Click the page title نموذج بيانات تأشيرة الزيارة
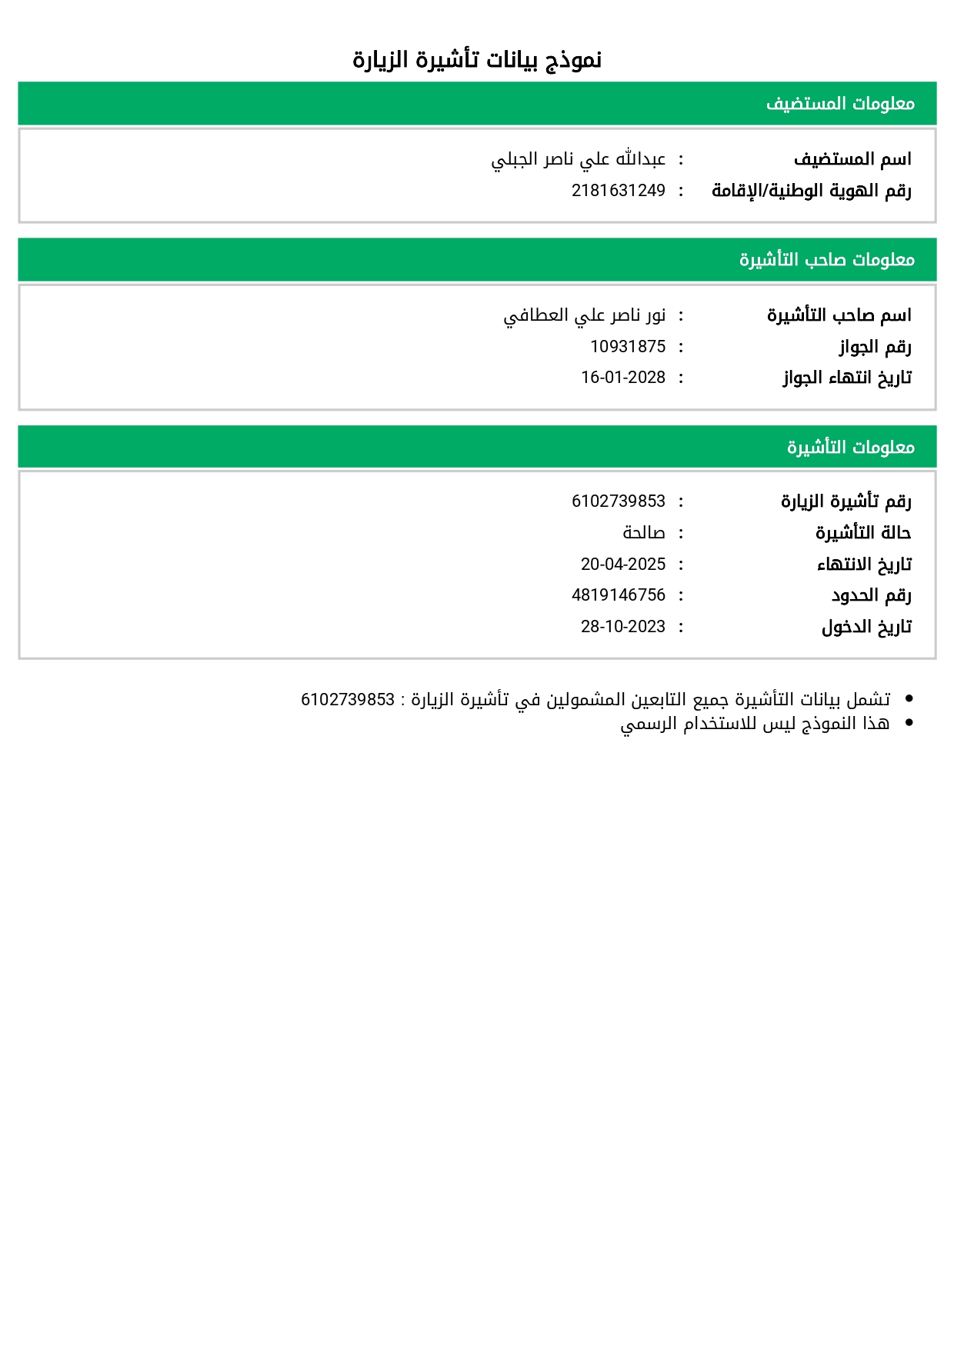pos(477,60)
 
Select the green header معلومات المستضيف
pos(840,104)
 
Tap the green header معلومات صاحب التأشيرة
pos(827,260)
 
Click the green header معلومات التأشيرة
pos(850,447)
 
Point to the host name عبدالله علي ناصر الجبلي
pos(579,159)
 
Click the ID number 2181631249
pos(618,191)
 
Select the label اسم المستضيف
pos(852,159)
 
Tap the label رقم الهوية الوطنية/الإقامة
pos(811,191)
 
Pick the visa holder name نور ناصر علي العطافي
pos(585,315)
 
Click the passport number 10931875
pos(628,347)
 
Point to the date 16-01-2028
pos(623,378)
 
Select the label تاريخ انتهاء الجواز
pos(847,378)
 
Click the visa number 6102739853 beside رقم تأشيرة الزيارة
pos(618,501)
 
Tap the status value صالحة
pos(644,533)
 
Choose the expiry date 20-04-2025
pos(623,565)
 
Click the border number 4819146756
pos(618,595)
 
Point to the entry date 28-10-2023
pos(623,627)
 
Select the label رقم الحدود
pos(871,595)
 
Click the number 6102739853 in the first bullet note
pos(348,700)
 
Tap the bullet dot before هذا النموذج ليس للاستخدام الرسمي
pos(909,723)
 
